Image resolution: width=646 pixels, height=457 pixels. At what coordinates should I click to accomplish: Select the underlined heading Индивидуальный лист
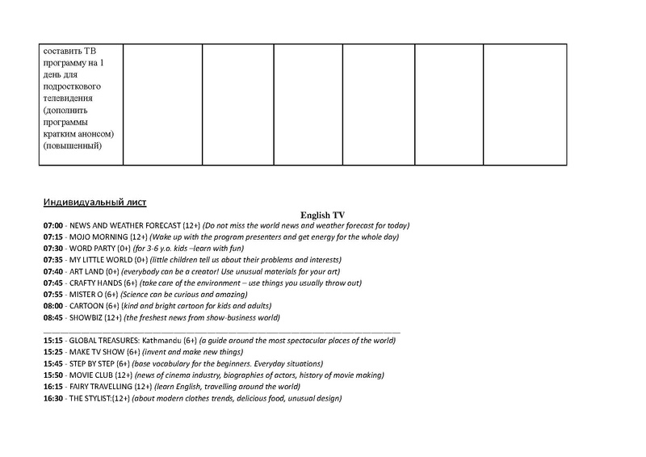94,202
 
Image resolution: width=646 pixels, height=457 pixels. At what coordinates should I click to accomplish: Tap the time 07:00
54,225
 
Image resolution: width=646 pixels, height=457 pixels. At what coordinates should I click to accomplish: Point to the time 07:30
54,249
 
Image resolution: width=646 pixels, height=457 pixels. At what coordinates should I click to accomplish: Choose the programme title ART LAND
88,272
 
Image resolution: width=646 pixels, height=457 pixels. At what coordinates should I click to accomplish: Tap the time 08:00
54,307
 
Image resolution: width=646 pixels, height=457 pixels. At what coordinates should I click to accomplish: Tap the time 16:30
54,399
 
